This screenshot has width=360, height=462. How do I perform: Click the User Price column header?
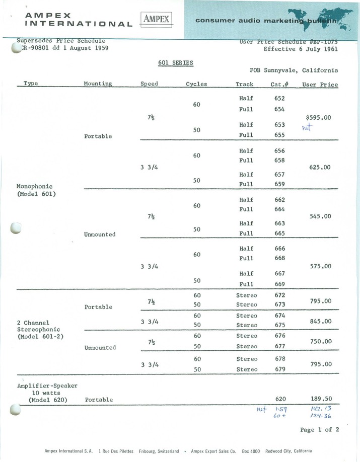click(x=320, y=84)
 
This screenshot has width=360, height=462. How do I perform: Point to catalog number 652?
click(x=279, y=99)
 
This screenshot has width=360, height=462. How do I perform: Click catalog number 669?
click(x=279, y=284)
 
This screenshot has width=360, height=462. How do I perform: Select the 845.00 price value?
click(x=320, y=321)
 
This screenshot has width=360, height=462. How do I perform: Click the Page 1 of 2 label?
click(x=319, y=430)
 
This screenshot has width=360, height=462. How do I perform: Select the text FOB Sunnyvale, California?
click(x=294, y=70)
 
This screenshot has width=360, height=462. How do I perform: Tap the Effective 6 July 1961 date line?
click(x=301, y=49)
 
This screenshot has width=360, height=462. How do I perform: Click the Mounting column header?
click(x=98, y=84)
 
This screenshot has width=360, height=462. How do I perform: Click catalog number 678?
click(x=279, y=359)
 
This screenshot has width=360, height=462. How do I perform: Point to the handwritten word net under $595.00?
click(x=307, y=128)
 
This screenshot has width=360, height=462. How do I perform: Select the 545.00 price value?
click(x=320, y=216)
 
